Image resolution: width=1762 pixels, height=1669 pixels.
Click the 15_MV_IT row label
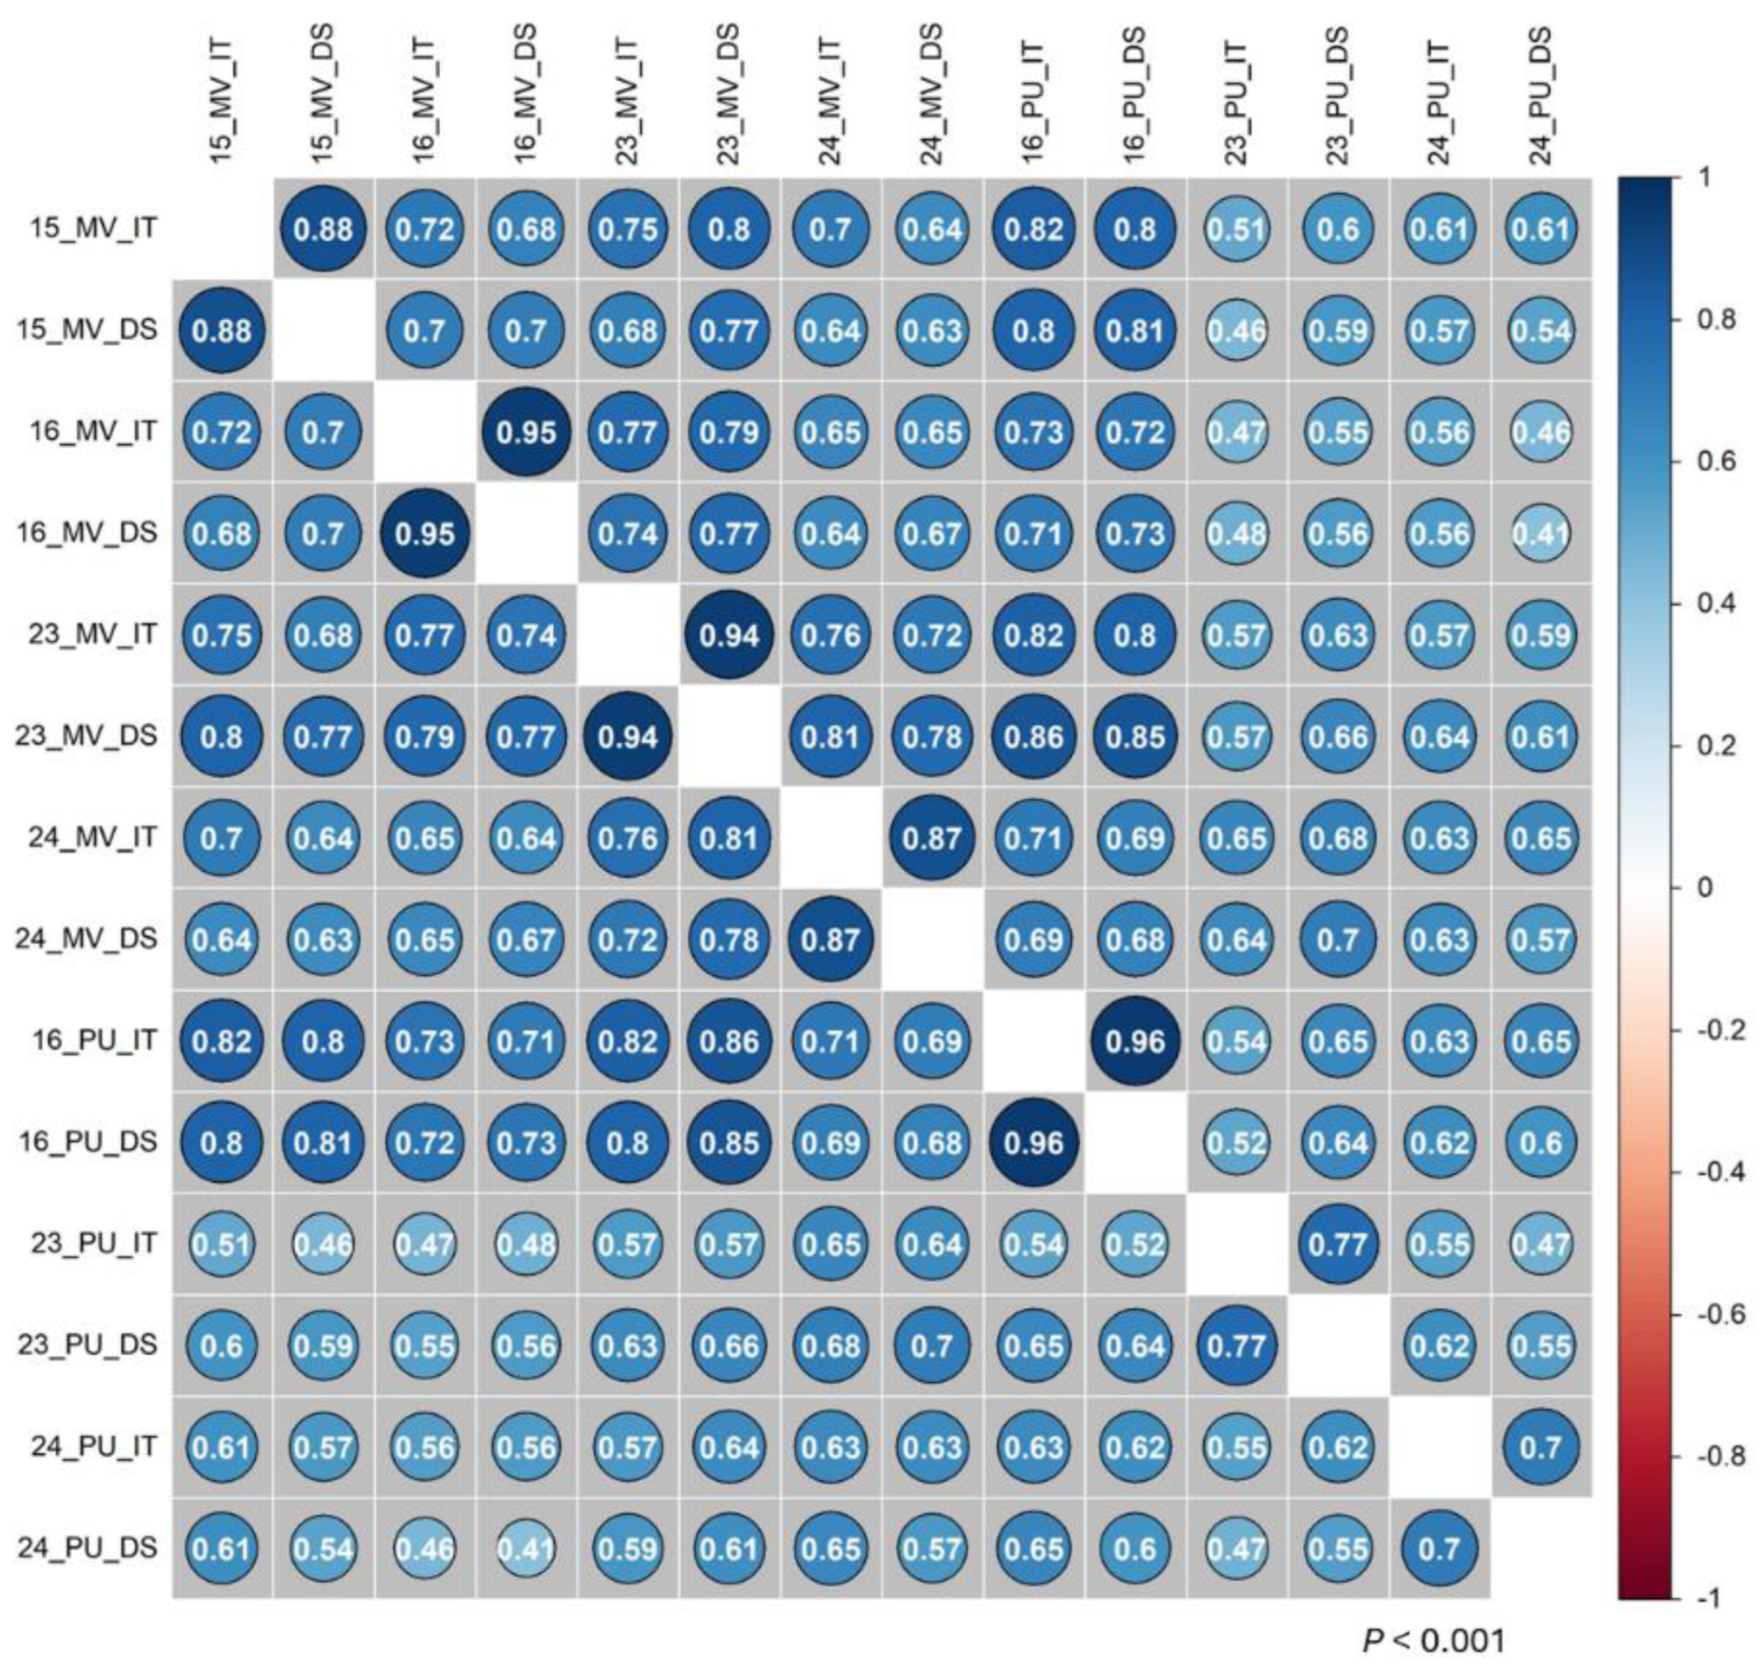(x=94, y=228)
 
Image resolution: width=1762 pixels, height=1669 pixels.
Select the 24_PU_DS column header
(x=1540, y=96)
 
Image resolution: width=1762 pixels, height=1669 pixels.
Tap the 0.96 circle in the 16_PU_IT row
(x=1135, y=1040)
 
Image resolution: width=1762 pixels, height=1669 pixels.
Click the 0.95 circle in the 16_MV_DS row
(x=425, y=534)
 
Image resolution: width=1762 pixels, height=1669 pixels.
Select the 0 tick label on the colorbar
(x=1704, y=887)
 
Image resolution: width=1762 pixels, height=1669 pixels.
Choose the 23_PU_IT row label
(x=94, y=1243)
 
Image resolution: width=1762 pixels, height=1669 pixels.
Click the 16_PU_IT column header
(x=1034, y=96)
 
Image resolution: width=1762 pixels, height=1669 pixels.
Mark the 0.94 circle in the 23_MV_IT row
(x=728, y=635)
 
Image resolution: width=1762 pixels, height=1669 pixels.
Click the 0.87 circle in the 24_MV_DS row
(x=831, y=940)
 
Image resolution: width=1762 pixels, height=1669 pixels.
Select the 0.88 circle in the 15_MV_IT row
(x=323, y=230)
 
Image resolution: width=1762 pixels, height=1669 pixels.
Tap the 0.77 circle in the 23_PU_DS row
(x=1237, y=1346)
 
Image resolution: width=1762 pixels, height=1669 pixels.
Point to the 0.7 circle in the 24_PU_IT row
(x=1540, y=1447)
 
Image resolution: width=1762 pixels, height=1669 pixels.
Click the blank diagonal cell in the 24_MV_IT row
(x=831, y=837)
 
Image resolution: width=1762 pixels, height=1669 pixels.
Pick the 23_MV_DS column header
(x=728, y=96)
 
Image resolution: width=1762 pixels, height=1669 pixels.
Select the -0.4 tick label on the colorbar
(x=1716, y=1172)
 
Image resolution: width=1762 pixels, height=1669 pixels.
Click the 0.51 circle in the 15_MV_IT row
(x=1237, y=230)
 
